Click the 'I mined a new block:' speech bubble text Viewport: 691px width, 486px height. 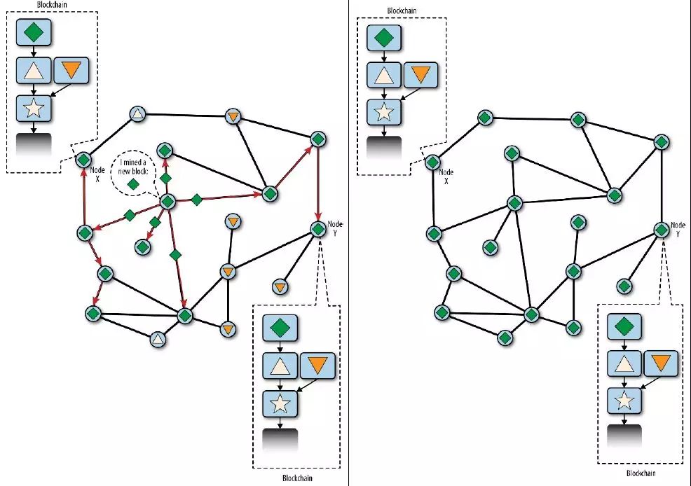132,165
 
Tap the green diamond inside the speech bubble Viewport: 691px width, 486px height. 133,183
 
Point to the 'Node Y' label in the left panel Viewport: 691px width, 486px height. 335,228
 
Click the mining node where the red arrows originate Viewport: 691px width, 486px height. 167,202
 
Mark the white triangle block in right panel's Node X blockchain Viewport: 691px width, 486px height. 384,75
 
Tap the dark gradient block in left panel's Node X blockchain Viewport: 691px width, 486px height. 34,144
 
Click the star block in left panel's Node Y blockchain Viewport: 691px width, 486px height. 280,403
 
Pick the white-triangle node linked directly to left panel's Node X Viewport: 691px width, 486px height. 138,114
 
